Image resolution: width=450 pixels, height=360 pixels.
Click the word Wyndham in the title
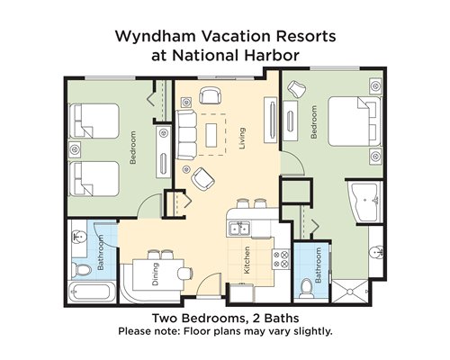(x=156, y=36)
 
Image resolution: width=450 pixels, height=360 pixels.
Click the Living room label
(x=242, y=139)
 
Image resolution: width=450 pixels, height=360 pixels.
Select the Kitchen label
(x=247, y=260)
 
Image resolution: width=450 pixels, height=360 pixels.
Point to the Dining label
(x=155, y=274)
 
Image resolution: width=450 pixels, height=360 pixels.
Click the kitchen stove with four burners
(x=281, y=259)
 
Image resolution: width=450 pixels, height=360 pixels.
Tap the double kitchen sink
(x=239, y=229)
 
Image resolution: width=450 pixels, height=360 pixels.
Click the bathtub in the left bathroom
(x=92, y=292)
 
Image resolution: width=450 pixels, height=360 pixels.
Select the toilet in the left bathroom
(x=82, y=269)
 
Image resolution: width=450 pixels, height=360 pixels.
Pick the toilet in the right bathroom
(x=306, y=287)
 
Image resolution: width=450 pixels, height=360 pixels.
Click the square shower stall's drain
(x=350, y=292)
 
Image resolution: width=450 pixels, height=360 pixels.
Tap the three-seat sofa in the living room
(x=186, y=135)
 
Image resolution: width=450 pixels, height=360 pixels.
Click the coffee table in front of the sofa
(x=211, y=135)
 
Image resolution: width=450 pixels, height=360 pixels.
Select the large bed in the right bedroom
(x=355, y=121)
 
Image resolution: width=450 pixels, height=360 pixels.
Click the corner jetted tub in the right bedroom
(x=364, y=202)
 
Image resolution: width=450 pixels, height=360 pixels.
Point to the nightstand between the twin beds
(x=75, y=149)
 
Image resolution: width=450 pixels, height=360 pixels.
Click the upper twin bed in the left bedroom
(x=94, y=121)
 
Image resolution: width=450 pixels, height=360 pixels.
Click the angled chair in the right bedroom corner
(x=296, y=89)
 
